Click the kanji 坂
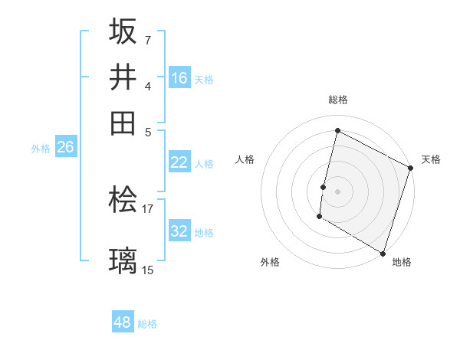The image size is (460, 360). pos(123,32)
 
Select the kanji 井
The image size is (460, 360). pos(123,77)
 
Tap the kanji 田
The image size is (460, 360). pos(123,122)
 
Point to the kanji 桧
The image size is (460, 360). pos(123,201)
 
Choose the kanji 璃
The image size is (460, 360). pos(123,260)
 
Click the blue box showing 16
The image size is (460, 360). pos(179,78)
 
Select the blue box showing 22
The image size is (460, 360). pos(179,162)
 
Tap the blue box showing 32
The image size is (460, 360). pos(179,232)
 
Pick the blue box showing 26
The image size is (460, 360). pos(65,148)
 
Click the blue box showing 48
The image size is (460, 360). pos(123,322)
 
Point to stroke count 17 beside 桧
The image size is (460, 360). pos(148,208)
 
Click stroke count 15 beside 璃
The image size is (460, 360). pos(148,270)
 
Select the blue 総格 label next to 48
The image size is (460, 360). pos(147,324)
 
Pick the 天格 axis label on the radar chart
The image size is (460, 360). pos(431,159)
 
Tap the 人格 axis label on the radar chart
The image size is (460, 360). pos(245,159)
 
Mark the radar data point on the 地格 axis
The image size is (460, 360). pos(383,253)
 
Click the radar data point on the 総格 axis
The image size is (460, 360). pos(337,130)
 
